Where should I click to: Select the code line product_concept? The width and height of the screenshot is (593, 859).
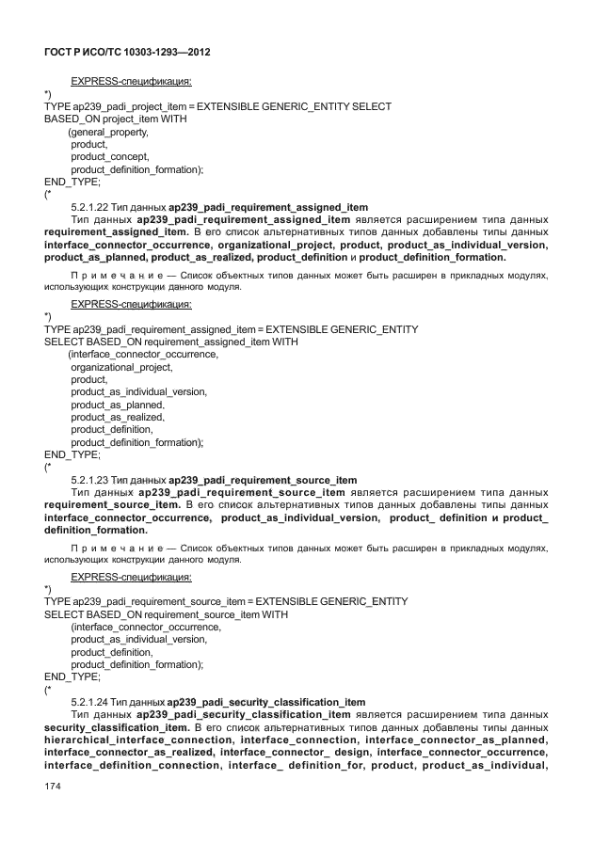[x=110, y=156]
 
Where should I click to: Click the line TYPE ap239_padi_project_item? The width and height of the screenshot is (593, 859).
[x=217, y=107]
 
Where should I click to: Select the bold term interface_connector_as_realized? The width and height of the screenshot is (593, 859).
[x=131, y=752]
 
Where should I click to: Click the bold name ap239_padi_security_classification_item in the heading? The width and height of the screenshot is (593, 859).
[x=266, y=702]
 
